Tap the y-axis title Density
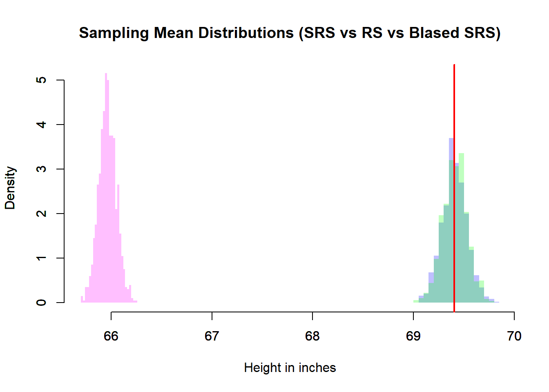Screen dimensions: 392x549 point(10,188)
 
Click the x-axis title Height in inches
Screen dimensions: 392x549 point(290,367)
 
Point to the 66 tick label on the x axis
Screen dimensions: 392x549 point(111,336)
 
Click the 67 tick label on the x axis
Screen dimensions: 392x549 point(212,336)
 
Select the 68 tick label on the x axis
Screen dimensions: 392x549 point(312,336)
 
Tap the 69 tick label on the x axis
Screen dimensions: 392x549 point(413,336)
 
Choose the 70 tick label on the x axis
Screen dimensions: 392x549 point(514,336)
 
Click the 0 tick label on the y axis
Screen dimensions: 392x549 point(41,303)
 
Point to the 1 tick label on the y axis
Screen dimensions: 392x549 point(41,258)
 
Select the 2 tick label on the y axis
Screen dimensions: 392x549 point(41,214)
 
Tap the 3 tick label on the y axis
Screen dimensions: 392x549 point(41,169)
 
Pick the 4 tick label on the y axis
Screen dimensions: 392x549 point(41,125)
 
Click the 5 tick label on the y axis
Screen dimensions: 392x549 point(41,80)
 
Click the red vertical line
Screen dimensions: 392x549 point(454,184)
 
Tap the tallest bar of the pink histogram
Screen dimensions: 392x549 point(106,188)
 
